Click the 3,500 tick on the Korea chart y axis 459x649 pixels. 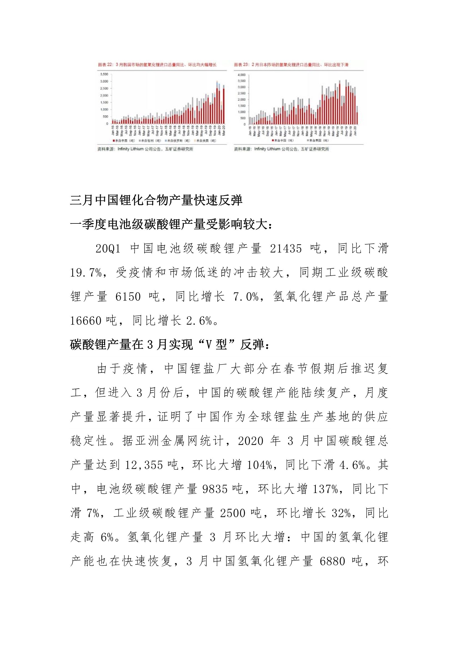[x=104, y=74]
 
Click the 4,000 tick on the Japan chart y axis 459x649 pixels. [x=242, y=75]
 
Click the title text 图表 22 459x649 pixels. [x=106, y=65]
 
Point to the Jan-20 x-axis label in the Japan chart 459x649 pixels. [x=355, y=131]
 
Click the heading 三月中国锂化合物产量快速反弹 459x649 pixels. [x=156, y=200]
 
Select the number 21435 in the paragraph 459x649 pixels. [x=286, y=249]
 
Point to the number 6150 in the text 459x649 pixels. [x=128, y=297]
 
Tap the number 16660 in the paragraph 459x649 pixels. [x=86, y=321]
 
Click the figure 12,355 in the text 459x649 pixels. [x=144, y=465]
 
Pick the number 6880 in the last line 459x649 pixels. [x=332, y=561]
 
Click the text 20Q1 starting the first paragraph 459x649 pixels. [x=108, y=249]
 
